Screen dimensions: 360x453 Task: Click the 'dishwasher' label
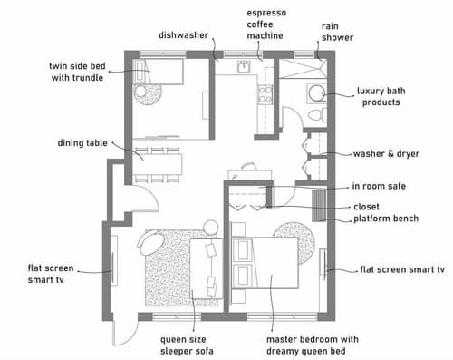click(x=184, y=36)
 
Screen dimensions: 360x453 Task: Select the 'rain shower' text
click(x=337, y=33)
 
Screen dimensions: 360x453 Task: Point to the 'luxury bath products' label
click(x=379, y=97)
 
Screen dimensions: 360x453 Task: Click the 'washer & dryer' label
click(x=386, y=153)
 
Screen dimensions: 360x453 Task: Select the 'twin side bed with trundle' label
click(x=76, y=72)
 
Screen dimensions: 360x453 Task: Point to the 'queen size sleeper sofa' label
click(x=186, y=345)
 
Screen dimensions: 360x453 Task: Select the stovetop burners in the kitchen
click(x=265, y=92)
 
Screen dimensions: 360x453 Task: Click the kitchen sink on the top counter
click(x=243, y=67)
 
